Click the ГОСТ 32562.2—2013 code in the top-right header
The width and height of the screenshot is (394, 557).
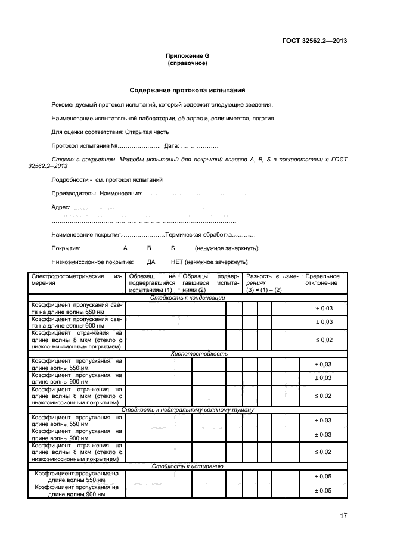pos(314,41)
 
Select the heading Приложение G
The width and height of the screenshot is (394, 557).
pos(188,55)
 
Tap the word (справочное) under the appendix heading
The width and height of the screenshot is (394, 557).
pos(188,63)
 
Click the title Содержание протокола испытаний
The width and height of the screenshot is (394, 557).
pos(188,91)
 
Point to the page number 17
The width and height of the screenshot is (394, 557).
pos(343,515)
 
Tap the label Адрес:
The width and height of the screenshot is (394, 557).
pos(61,207)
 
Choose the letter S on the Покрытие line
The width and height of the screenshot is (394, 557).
pos(173,248)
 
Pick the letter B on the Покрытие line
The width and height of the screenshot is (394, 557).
pos(149,248)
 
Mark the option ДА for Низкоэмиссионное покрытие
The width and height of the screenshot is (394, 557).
pos(151,262)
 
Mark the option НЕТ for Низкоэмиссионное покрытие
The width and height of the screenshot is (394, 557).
pos(177,262)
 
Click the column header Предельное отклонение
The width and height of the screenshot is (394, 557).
pos(322,279)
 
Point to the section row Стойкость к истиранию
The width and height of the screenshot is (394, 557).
pos(187,466)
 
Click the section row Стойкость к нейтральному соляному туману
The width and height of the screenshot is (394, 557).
pos(188,410)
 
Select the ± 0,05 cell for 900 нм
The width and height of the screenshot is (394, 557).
pos(322,490)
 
